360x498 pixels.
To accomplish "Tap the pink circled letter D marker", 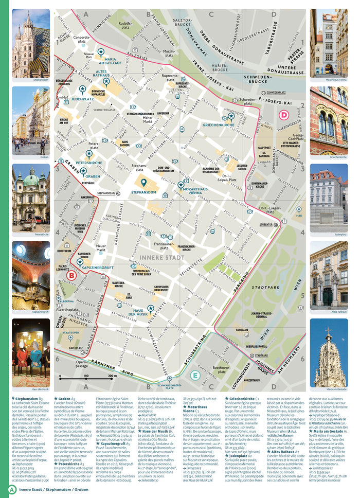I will pos(284,115).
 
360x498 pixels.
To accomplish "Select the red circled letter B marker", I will pos(72,276).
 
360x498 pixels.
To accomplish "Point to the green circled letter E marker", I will pos(195,375).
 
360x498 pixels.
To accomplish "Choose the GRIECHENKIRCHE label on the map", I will pos(219,124).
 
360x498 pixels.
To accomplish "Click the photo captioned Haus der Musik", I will pos(31,352).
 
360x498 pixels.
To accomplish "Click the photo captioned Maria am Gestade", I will pos(328,352).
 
